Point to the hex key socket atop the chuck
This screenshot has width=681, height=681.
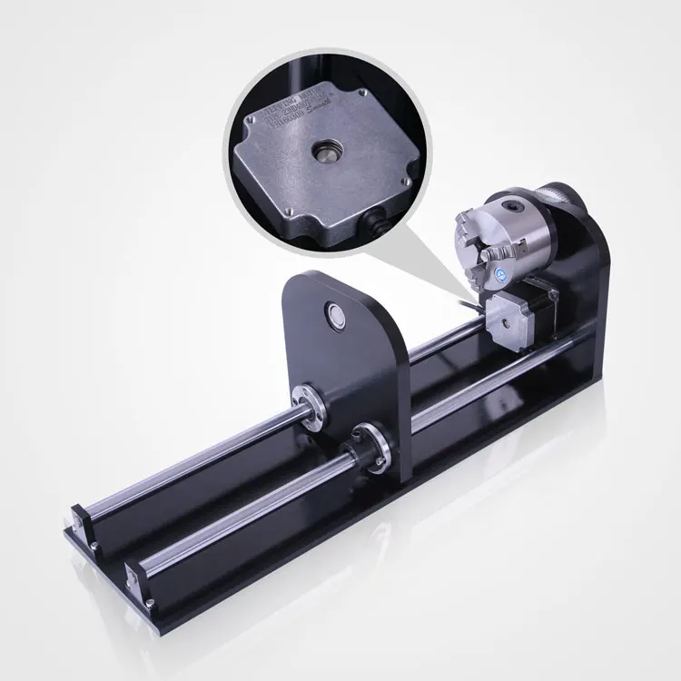tap(514, 208)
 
